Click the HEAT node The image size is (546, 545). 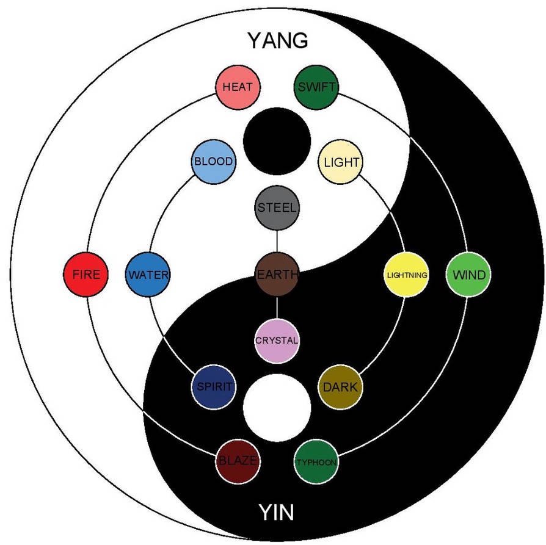click(238, 87)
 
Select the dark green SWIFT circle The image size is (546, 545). click(316, 87)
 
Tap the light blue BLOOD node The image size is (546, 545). click(213, 162)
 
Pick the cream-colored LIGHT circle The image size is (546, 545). click(341, 162)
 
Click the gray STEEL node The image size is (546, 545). click(277, 208)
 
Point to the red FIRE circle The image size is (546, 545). click(86, 275)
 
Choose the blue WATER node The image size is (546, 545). click(147, 275)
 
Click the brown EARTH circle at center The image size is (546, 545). click(277, 275)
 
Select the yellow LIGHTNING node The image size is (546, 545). click(406, 275)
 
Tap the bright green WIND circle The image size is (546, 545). click(468, 275)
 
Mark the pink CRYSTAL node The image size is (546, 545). click(277, 341)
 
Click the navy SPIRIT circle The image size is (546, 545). click(213, 387)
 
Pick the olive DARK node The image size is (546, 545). click(340, 387)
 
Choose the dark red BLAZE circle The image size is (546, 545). click(238, 461)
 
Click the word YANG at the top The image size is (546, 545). click(277, 41)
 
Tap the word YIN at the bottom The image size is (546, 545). click(275, 511)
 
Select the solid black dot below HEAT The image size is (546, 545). click(277, 140)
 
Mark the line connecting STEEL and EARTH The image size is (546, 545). click(277, 240)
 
